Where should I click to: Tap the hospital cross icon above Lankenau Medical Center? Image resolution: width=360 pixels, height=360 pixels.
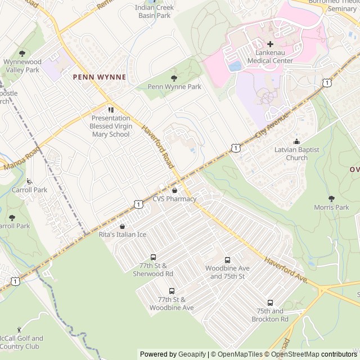tap(270, 44)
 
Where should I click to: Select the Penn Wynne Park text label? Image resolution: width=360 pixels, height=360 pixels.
tap(174, 87)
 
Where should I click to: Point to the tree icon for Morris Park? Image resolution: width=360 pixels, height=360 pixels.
tap(331, 199)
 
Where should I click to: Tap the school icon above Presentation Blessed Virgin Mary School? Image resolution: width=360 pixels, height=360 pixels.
tap(111, 109)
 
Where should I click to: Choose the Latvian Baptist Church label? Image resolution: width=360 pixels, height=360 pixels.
tap(296, 154)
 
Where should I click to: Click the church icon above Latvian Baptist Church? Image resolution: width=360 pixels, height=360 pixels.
tap(296, 141)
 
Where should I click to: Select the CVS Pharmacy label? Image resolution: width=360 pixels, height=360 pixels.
tap(174, 199)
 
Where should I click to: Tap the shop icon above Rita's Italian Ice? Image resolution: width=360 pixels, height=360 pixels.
tap(122, 226)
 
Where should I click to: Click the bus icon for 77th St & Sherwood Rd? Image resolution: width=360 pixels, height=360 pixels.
tap(153, 257)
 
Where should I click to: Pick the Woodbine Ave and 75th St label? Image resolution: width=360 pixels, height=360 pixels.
tap(227, 272)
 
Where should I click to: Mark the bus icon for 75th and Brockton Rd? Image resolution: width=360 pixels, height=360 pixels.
tap(270, 303)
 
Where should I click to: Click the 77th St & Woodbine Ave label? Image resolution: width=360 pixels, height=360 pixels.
tap(172, 304)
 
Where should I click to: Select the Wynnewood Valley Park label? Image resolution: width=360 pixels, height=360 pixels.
tap(21, 66)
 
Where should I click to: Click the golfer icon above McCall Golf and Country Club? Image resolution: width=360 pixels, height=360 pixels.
tap(20, 329)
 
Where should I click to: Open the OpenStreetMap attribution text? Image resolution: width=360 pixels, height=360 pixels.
tap(296, 354)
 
